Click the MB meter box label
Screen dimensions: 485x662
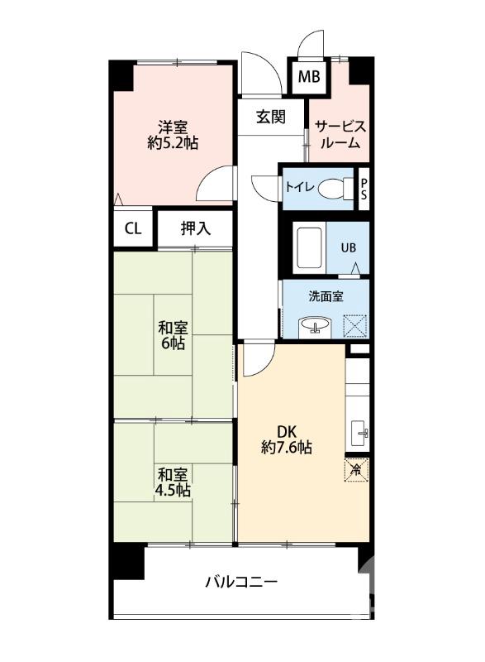[309, 77]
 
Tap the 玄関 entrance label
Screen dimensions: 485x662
[271, 117]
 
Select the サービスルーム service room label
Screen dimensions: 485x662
[340, 134]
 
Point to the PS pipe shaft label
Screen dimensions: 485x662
[364, 189]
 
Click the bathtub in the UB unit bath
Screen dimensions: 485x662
[310, 248]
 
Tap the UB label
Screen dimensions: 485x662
[348, 247]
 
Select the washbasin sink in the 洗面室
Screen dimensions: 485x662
[314, 327]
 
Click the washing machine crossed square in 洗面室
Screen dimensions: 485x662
[355, 325]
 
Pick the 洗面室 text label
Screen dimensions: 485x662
[326, 297]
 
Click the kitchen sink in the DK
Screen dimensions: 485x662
[360, 433]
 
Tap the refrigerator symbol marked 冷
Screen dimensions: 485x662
[357, 470]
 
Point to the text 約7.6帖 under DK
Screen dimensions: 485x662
[287, 447]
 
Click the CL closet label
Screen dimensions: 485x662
[133, 228]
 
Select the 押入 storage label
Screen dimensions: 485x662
[196, 228]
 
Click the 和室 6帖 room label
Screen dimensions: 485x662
[173, 335]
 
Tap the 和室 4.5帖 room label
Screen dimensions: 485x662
[174, 482]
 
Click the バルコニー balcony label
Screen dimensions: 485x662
[241, 583]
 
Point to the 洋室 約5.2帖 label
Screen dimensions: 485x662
[173, 135]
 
